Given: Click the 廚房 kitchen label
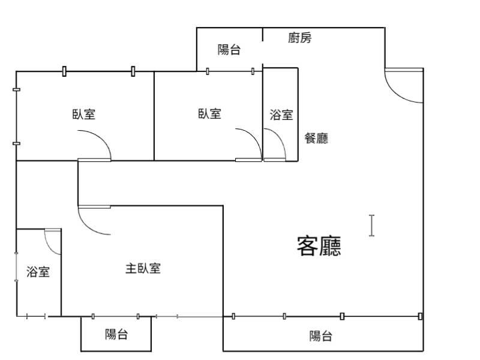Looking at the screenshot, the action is [x=299, y=38].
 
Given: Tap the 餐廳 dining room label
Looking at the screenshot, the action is [x=316, y=138].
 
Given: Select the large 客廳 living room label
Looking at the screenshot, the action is [x=319, y=246].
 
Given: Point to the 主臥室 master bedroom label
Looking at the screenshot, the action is [x=143, y=268].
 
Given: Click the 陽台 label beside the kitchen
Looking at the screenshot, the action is [x=229, y=50].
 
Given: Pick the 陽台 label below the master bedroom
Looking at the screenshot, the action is [x=116, y=334].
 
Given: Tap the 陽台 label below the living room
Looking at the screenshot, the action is [x=320, y=336].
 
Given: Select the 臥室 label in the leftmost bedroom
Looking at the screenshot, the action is [x=84, y=114].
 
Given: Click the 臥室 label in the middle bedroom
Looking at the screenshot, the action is [x=209, y=113].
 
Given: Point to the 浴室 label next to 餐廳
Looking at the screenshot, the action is [x=281, y=115].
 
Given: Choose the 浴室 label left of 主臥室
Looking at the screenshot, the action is [x=38, y=272].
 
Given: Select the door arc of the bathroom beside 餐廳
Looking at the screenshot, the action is [x=275, y=145].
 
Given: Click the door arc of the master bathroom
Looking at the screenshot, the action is [x=53, y=242].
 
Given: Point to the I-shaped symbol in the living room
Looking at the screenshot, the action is [x=371, y=226].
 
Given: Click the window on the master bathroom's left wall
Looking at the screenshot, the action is [x=16, y=267].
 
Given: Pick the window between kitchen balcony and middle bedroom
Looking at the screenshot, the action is [x=230, y=71].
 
